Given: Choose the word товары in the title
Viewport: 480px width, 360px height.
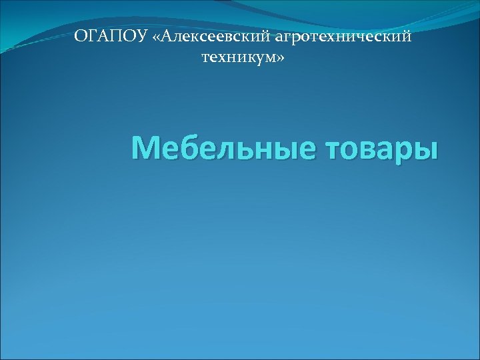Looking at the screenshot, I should click(381, 148).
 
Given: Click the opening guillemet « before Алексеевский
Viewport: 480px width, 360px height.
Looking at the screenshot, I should click(156, 37).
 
